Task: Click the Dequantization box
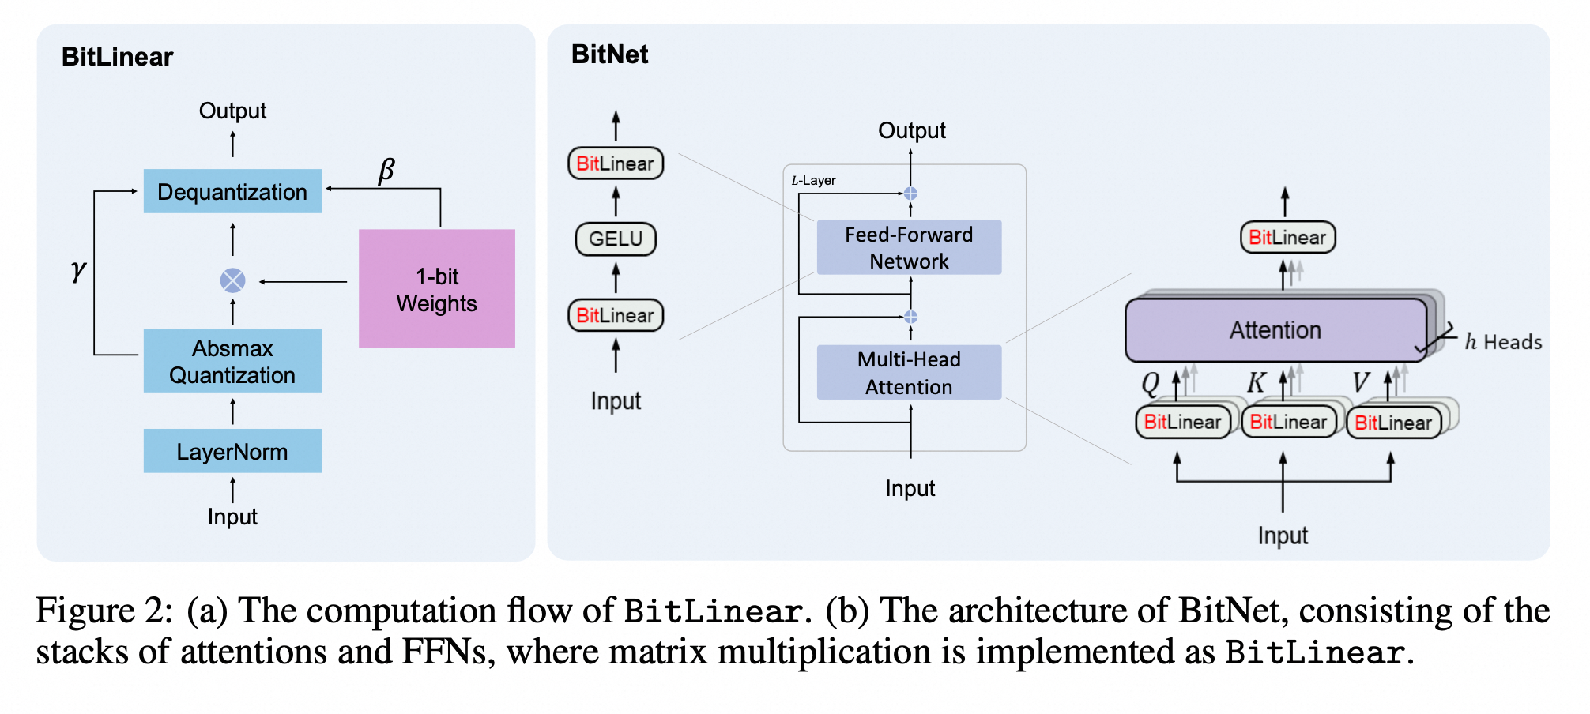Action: pos(232,191)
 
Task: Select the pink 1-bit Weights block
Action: pos(436,289)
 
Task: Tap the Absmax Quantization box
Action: pos(232,361)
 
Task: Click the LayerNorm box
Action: pos(232,451)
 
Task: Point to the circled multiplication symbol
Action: pos(232,280)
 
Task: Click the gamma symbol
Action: pos(77,270)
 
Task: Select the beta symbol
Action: pos(386,170)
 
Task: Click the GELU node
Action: pos(616,239)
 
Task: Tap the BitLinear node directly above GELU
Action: pos(616,163)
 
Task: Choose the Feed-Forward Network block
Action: pos(909,247)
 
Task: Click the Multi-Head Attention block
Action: pos(909,372)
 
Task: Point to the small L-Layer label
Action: pos(813,180)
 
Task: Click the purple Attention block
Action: pos(1275,330)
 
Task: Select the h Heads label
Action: pos(1503,342)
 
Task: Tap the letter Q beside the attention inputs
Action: pos(1150,383)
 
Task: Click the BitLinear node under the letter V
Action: pos(1393,423)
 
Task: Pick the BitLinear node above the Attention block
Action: pos(1287,237)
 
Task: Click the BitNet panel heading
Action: pos(609,54)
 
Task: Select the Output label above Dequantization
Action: pos(232,111)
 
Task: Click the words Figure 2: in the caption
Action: pos(104,611)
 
